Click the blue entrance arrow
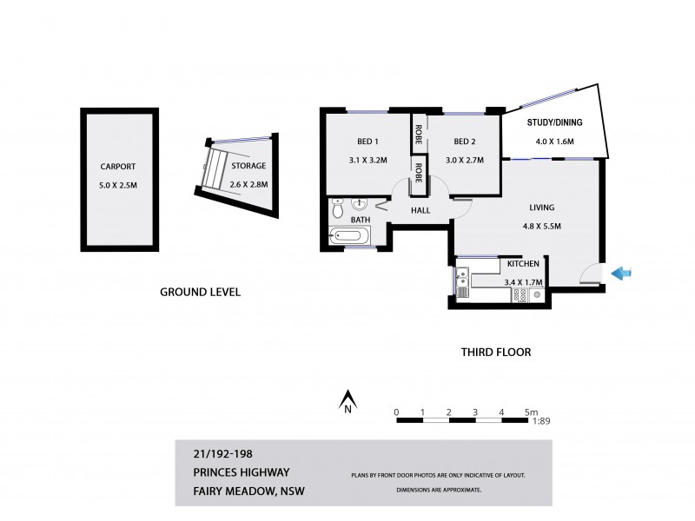(621, 274)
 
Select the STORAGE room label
(248, 166)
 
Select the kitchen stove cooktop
(520, 295)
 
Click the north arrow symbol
(347, 402)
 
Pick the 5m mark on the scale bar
(531, 412)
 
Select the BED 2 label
(464, 142)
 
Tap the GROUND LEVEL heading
(200, 293)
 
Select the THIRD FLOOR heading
(495, 353)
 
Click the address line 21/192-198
(222, 452)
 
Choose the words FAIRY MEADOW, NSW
(248, 492)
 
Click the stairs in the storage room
(215, 168)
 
